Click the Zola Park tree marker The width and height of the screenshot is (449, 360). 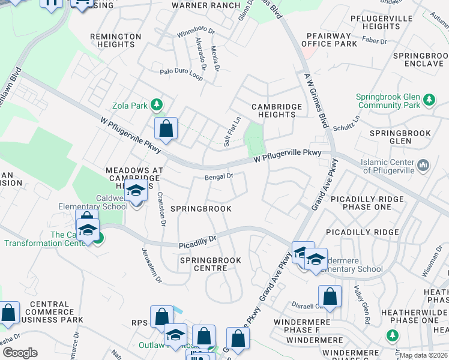coord(157,106)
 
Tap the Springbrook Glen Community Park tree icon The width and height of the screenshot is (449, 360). coord(429,99)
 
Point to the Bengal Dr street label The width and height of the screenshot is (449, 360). coord(218,176)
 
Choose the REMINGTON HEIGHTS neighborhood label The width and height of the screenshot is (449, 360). coord(121,40)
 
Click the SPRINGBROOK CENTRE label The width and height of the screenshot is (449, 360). coord(210,264)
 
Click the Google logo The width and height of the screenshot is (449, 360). coord(20,352)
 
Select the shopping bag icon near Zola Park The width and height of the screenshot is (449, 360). coord(166,128)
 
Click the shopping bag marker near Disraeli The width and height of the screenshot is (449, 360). coord(330,296)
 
